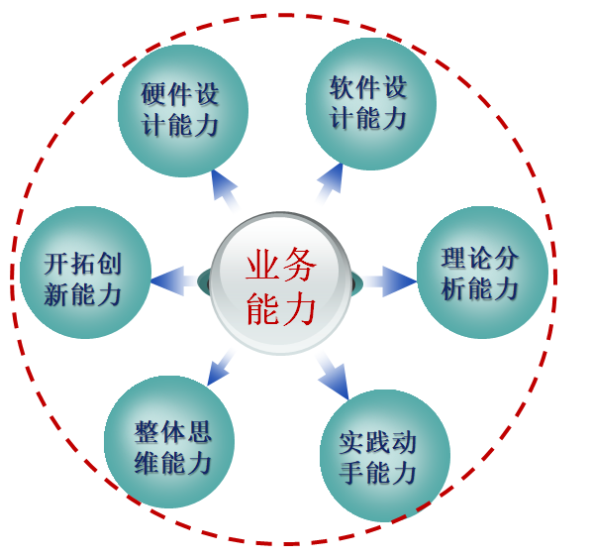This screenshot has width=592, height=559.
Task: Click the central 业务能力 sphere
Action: coord(280,283)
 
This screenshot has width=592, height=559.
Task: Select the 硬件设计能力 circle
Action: coord(183,111)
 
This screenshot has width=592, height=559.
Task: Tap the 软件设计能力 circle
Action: coord(371,104)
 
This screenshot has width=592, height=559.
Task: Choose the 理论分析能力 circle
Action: coord(482,273)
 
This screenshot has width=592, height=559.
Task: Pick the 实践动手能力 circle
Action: coord(385,456)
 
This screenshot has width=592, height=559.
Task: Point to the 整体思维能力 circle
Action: coord(169,442)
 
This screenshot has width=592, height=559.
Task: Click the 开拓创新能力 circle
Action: coord(86,273)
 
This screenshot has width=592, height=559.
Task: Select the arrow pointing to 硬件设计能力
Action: coord(226,190)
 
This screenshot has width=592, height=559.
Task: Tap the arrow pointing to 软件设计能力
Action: coord(331,184)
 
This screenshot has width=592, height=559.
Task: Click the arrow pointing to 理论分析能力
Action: coord(390,281)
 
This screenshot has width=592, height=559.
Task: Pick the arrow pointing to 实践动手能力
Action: coord(333,376)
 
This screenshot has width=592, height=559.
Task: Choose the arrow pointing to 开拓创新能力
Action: coord(173,280)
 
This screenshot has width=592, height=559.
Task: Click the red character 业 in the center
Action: coord(261,265)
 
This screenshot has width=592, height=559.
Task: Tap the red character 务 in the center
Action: coord(299,265)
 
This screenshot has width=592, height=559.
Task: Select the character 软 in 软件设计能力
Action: coord(343,87)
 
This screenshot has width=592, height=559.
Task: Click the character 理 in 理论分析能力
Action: coord(453,258)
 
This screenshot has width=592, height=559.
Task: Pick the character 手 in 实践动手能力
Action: coord(351,473)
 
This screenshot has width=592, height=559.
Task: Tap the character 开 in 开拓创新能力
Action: coord(56,264)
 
